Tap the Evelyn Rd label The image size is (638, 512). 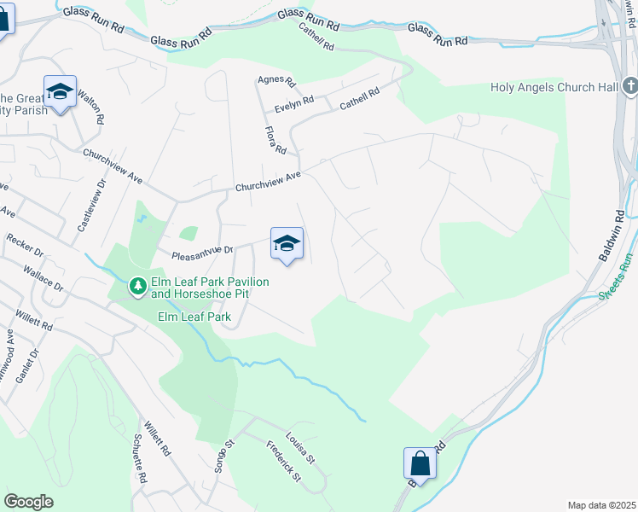tap(294, 100)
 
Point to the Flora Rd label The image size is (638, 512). tap(275, 139)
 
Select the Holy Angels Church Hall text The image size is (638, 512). tap(554, 87)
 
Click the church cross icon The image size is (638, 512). tap(629, 86)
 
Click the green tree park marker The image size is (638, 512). tap(136, 286)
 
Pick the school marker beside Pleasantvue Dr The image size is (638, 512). tap(287, 244)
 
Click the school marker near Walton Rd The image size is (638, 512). tap(61, 92)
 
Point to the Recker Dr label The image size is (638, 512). tap(25, 245)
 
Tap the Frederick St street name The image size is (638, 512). tap(282, 460)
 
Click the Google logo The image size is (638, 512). tap(28, 502)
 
